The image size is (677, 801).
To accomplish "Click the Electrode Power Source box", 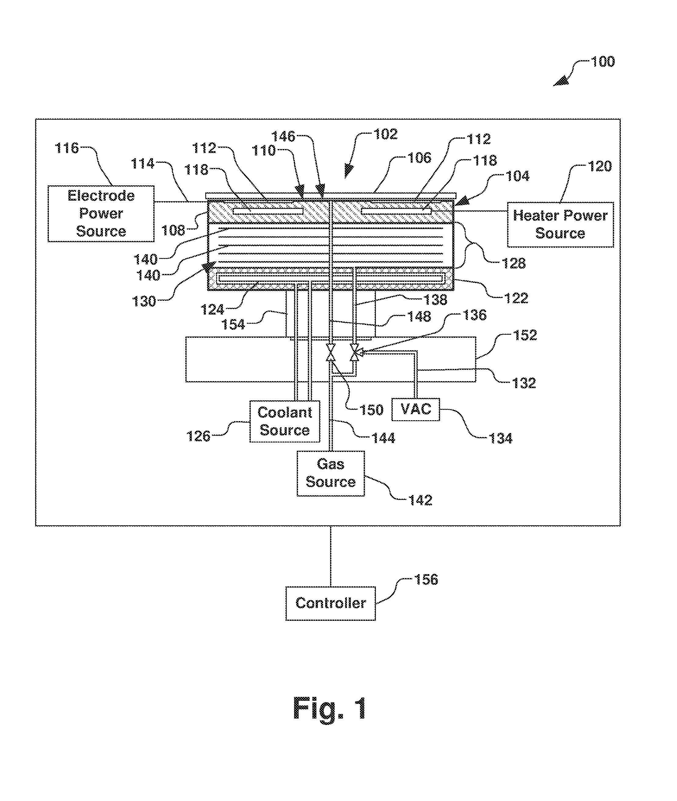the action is pyautogui.click(x=101, y=214).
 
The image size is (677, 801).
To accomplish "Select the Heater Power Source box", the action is pyautogui.click(x=560, y=224).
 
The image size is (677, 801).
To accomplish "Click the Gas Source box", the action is pyautogui.click(x=331, y=473).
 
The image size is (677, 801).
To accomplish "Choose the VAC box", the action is pyautogui.click(x=416, y=410).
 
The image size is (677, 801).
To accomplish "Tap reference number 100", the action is pyautogui.click(x=602, y=62).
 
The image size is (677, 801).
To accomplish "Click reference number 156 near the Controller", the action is pyautogui.click(x=426, y=580).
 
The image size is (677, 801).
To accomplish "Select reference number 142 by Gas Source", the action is pyautogui.click(x=420, y=500).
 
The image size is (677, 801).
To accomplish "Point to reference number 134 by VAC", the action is pyautogui.click(x=500, y=438).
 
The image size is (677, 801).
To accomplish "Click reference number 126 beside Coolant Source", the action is pyautogui.click(x=198, y=436).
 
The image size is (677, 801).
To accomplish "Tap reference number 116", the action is pyautogui.click(x=67, y=148).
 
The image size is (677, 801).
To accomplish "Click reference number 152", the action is pyautogui.click(x=525, y=335).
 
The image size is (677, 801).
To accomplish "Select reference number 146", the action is pyautogui.click(x=283, y=137).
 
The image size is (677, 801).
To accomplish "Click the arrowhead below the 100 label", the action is pyautogui.click(x=561, y=81).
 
